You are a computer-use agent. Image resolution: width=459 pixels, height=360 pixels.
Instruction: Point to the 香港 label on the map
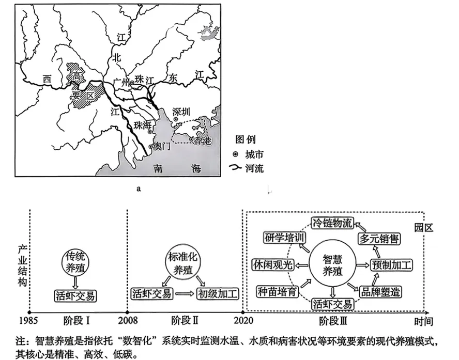pyautogui.click(x=201, y=140)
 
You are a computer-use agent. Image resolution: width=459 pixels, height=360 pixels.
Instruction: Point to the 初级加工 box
pyautogui.click(x=218, y=294)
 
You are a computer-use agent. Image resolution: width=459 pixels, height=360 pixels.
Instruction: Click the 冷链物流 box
pyautogui.click(x=333, y=224)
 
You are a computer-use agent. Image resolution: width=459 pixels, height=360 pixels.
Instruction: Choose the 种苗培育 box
pyautogui.click(x=278, y=291)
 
